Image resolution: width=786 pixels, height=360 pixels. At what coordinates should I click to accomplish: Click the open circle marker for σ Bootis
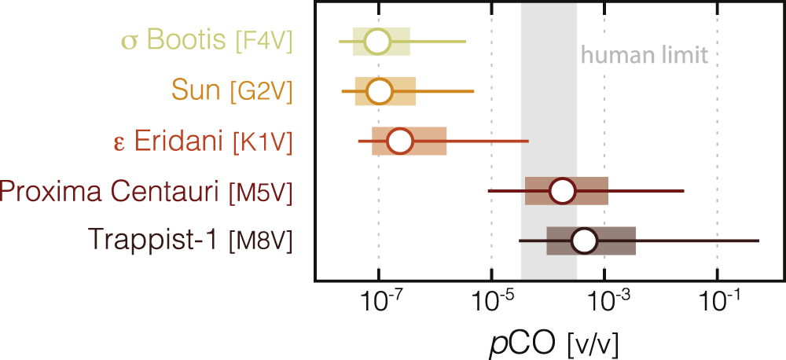pyautogui.click(x=378, y=41)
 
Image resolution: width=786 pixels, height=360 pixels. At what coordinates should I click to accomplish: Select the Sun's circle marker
pyautogui.click(x=380, y=91)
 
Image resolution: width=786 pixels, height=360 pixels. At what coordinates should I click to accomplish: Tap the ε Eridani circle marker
pyautogui.click(x=400, y=141)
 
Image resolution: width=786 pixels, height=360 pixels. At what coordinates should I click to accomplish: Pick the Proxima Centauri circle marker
pyautogui.click(x=563, y=191)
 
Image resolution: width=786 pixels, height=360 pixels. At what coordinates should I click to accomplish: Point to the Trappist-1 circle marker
pyautogui.click(x=583, y=241)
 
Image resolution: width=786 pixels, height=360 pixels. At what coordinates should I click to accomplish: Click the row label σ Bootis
pyautogui.click(x=174, y=41)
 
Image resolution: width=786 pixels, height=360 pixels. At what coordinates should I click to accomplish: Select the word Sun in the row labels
pyautogui.click(x=195, y=91)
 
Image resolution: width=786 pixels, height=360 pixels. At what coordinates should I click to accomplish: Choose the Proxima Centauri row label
pyautogui.click(x=110, y=191)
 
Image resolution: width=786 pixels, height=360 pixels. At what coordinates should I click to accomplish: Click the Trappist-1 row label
pyautogui.click(x=153, y=241)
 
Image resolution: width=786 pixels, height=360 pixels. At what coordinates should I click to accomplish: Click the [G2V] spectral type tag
pyautogui.click(x=261, y=92)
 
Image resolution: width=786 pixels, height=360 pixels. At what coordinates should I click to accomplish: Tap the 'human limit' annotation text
pyautogui.click(x=645, y=56)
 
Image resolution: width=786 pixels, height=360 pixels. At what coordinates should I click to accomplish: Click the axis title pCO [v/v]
pyautogui.click(x=549, y=342)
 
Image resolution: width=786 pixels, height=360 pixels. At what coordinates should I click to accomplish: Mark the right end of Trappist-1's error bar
pyautogui.click(x=758, y=241)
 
